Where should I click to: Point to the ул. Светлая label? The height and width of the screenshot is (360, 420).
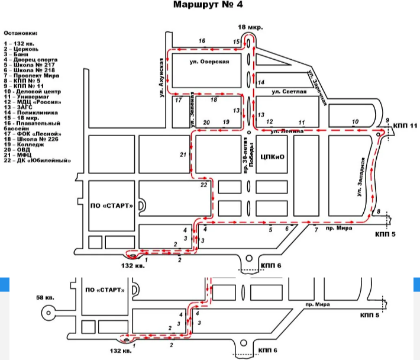click(x=289, y=92)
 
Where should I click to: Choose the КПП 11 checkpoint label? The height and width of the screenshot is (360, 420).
click(x=405, y=126)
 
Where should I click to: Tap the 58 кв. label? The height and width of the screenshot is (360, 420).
click(x=45, y=296)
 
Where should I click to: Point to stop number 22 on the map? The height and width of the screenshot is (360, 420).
click(x=203, y=185)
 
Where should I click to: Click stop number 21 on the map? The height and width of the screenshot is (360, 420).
click(x=183, y=155)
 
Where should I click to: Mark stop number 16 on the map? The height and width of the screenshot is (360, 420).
click(x=202, y=41)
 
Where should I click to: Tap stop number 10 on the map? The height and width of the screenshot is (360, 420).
click(x=355, y=122)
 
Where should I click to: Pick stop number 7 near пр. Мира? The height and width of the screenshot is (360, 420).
click(x=316, y=229)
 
